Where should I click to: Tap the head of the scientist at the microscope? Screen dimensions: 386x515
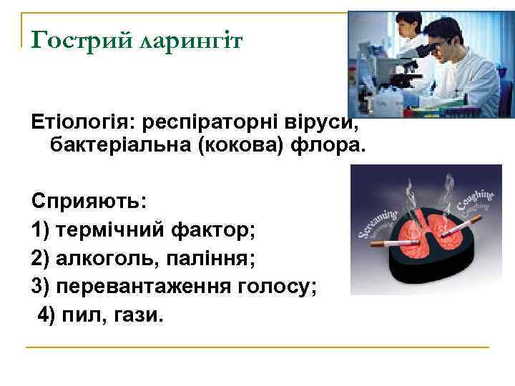(438, 35)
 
